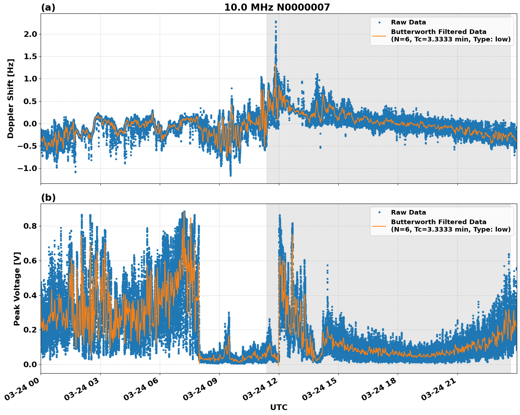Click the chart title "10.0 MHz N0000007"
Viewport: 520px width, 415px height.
click(277, 7)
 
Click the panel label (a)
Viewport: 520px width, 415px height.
click(48, 7)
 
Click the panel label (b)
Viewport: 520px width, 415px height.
click(48, 198)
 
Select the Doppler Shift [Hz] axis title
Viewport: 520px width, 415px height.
click(11, 98)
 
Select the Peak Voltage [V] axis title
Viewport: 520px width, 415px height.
click(17, 289)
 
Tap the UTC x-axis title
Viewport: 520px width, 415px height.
click(279, 407)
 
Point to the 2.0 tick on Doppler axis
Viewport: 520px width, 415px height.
click(30, 34)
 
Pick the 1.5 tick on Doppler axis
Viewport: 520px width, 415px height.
click(30, 56)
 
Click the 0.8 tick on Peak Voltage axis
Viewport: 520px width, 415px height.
click(30, 226)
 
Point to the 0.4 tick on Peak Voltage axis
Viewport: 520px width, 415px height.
click(30, 295)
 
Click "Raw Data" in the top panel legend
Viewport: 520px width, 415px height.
click(408, 22)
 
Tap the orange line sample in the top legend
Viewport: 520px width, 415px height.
click(379, 35)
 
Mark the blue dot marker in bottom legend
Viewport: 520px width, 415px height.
click(379, 212)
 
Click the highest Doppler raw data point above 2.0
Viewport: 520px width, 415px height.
click(276, 22)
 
